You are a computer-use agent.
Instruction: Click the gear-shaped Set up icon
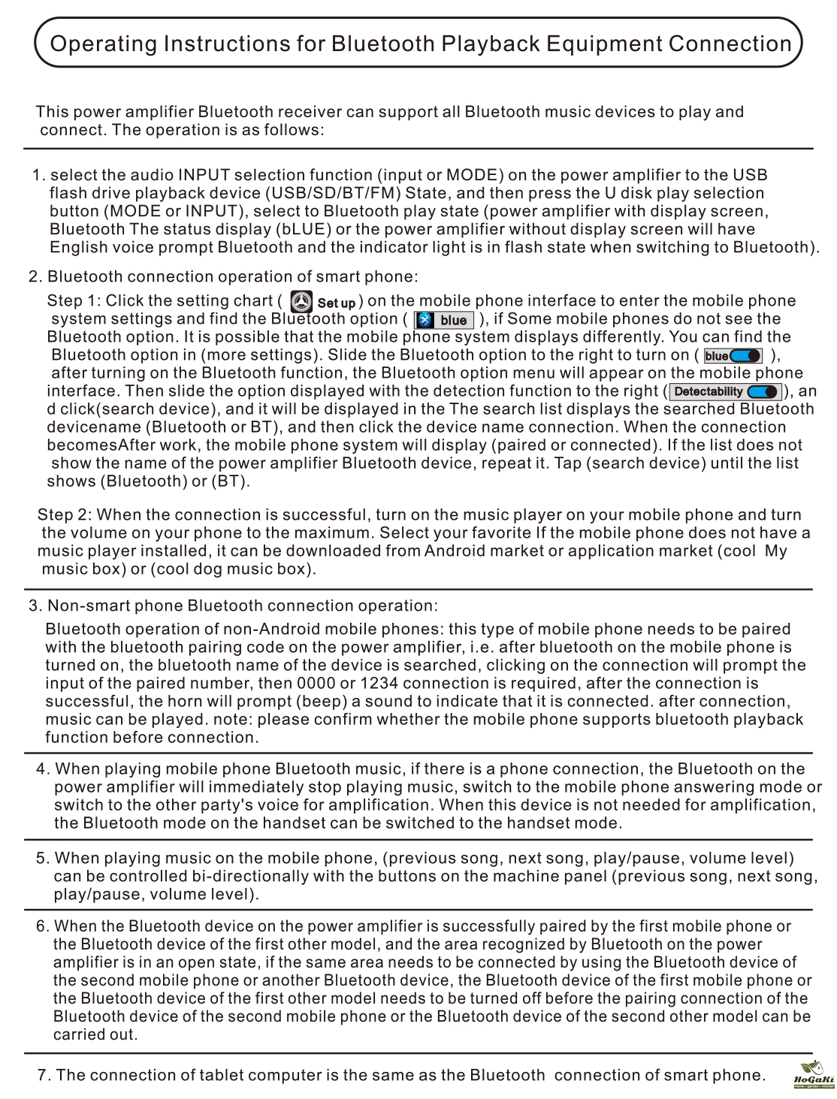click(x=301, y=302)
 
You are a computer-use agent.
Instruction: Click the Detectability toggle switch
click(x=762, y=391)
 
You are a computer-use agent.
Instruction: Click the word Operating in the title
click(x=103, y=44)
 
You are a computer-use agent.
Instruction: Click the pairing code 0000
click(x=316, y=684)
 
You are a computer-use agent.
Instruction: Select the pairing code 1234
click(x=379, y=684)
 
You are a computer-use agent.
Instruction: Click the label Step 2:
click(x=65, y=515)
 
